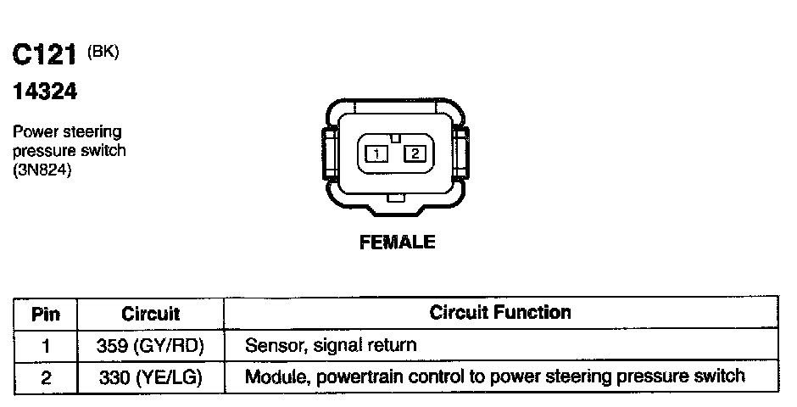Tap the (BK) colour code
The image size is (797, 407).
click(x=103, y=52)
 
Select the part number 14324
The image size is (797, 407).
click(x=44, y=92)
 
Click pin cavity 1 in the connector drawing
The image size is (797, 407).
click(x=376, y=153)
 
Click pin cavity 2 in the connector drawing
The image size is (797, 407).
click(x=415, y=153)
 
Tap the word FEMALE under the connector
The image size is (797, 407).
click(x=398, y=243)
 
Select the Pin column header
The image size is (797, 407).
click(x=46, y=314)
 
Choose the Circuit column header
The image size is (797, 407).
click(x=150, y=314)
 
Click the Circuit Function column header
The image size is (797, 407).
click(x=500, y=312)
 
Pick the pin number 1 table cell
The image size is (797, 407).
click(x=46, y=346)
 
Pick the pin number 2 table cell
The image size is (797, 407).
click(x=46, y=376)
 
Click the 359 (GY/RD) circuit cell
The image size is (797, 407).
click(x=150, y=346)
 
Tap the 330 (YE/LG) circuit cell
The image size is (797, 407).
click(x=150, y=376)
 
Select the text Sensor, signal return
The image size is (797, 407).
click(x=331, y=346)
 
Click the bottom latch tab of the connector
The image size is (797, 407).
click(x=394, y=200)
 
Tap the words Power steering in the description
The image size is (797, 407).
click(x=67, y=132)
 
